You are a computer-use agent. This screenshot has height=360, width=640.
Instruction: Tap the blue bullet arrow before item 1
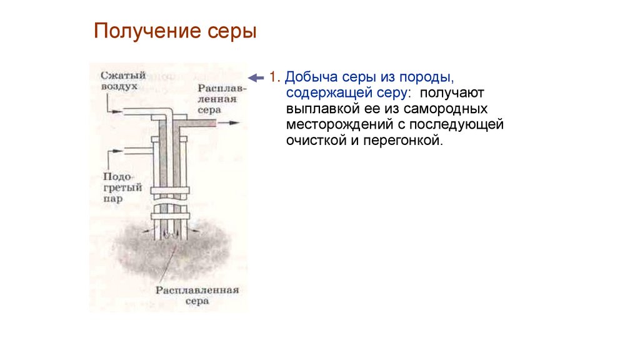point(256,77)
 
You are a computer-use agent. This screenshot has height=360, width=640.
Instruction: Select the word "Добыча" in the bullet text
point(309,78)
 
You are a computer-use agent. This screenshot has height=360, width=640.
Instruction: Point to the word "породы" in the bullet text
point(425,78)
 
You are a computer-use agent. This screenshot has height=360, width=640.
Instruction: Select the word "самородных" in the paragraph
point(454,109)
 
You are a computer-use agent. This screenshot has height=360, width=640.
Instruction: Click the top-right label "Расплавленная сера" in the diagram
point(222,98)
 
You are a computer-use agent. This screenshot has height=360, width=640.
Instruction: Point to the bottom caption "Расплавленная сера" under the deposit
point(197,295)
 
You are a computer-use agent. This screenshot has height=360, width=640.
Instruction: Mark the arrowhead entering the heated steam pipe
point(120,151)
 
